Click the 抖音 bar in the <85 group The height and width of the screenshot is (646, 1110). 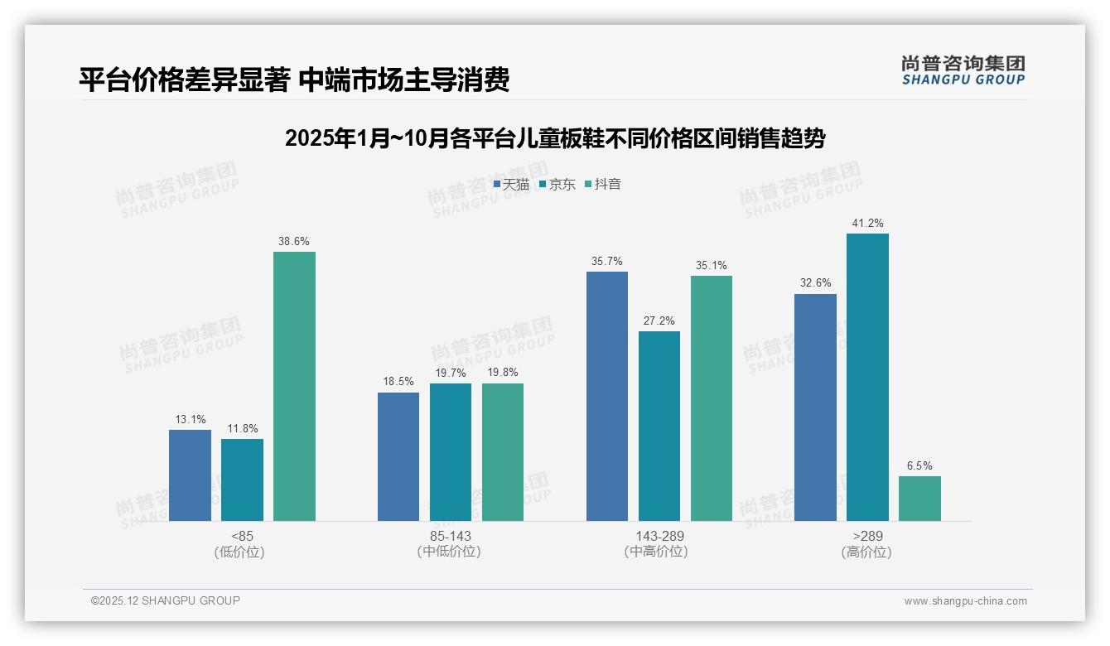294,386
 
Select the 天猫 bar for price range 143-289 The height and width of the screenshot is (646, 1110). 606,396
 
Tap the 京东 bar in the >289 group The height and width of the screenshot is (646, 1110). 867,377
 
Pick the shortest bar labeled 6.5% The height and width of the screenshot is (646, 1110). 919,499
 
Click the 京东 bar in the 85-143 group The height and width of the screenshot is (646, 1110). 450,452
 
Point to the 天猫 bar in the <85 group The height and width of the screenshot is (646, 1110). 190,475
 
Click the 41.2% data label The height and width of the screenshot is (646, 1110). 867,224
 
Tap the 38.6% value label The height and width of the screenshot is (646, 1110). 294,242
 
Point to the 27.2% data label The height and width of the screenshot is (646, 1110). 659,321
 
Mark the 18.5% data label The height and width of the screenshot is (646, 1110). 398,382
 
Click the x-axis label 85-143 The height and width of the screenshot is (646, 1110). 450,536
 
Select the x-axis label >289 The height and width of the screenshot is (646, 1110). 866,536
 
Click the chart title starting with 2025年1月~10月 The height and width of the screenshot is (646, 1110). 554,138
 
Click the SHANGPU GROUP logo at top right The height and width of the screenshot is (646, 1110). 963,70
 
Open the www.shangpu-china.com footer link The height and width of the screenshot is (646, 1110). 965,601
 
